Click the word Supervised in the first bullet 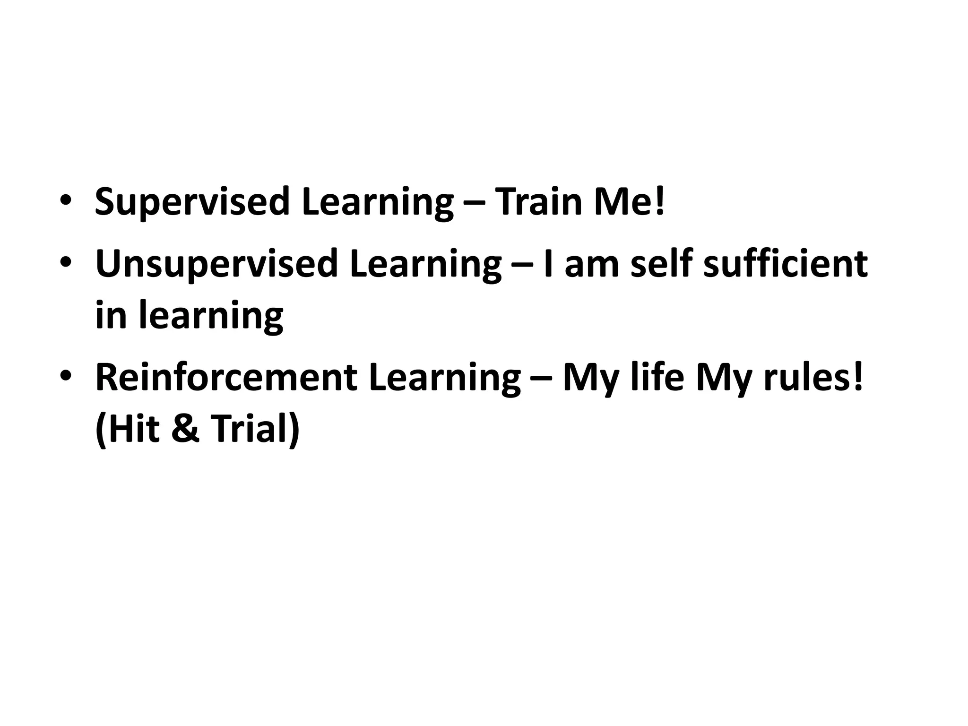point(192,202)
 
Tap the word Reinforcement point(226,378)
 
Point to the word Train point(538,202)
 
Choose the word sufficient point(785,263)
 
